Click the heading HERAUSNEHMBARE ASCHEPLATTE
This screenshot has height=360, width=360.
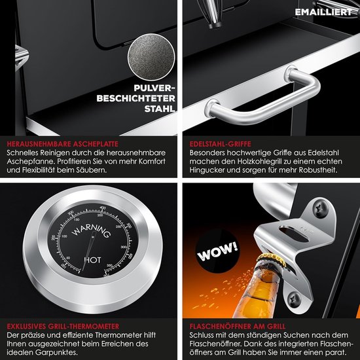coord(62,144)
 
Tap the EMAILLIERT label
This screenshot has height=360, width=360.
coord(323,12)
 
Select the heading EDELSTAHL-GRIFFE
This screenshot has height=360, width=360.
coord(220,144)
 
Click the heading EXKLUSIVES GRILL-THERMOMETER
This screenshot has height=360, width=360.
coord(63,326)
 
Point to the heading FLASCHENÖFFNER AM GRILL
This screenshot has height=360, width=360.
coord(238,326)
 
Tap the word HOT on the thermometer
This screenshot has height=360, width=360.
coord(92,260)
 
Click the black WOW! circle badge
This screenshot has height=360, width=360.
coord(217,251)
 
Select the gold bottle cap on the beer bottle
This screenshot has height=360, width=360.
coord(272,259)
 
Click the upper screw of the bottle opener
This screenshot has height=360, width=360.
coord(321,208)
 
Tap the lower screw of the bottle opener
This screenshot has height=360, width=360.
coord(295,299)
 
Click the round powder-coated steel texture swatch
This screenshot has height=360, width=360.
coord(151,57)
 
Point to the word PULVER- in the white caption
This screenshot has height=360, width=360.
coord(154,88)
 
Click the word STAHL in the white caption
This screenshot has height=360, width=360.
coord(160,109)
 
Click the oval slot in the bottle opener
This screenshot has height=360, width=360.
coord(294,234)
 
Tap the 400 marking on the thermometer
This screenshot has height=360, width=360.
coord(103,208)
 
